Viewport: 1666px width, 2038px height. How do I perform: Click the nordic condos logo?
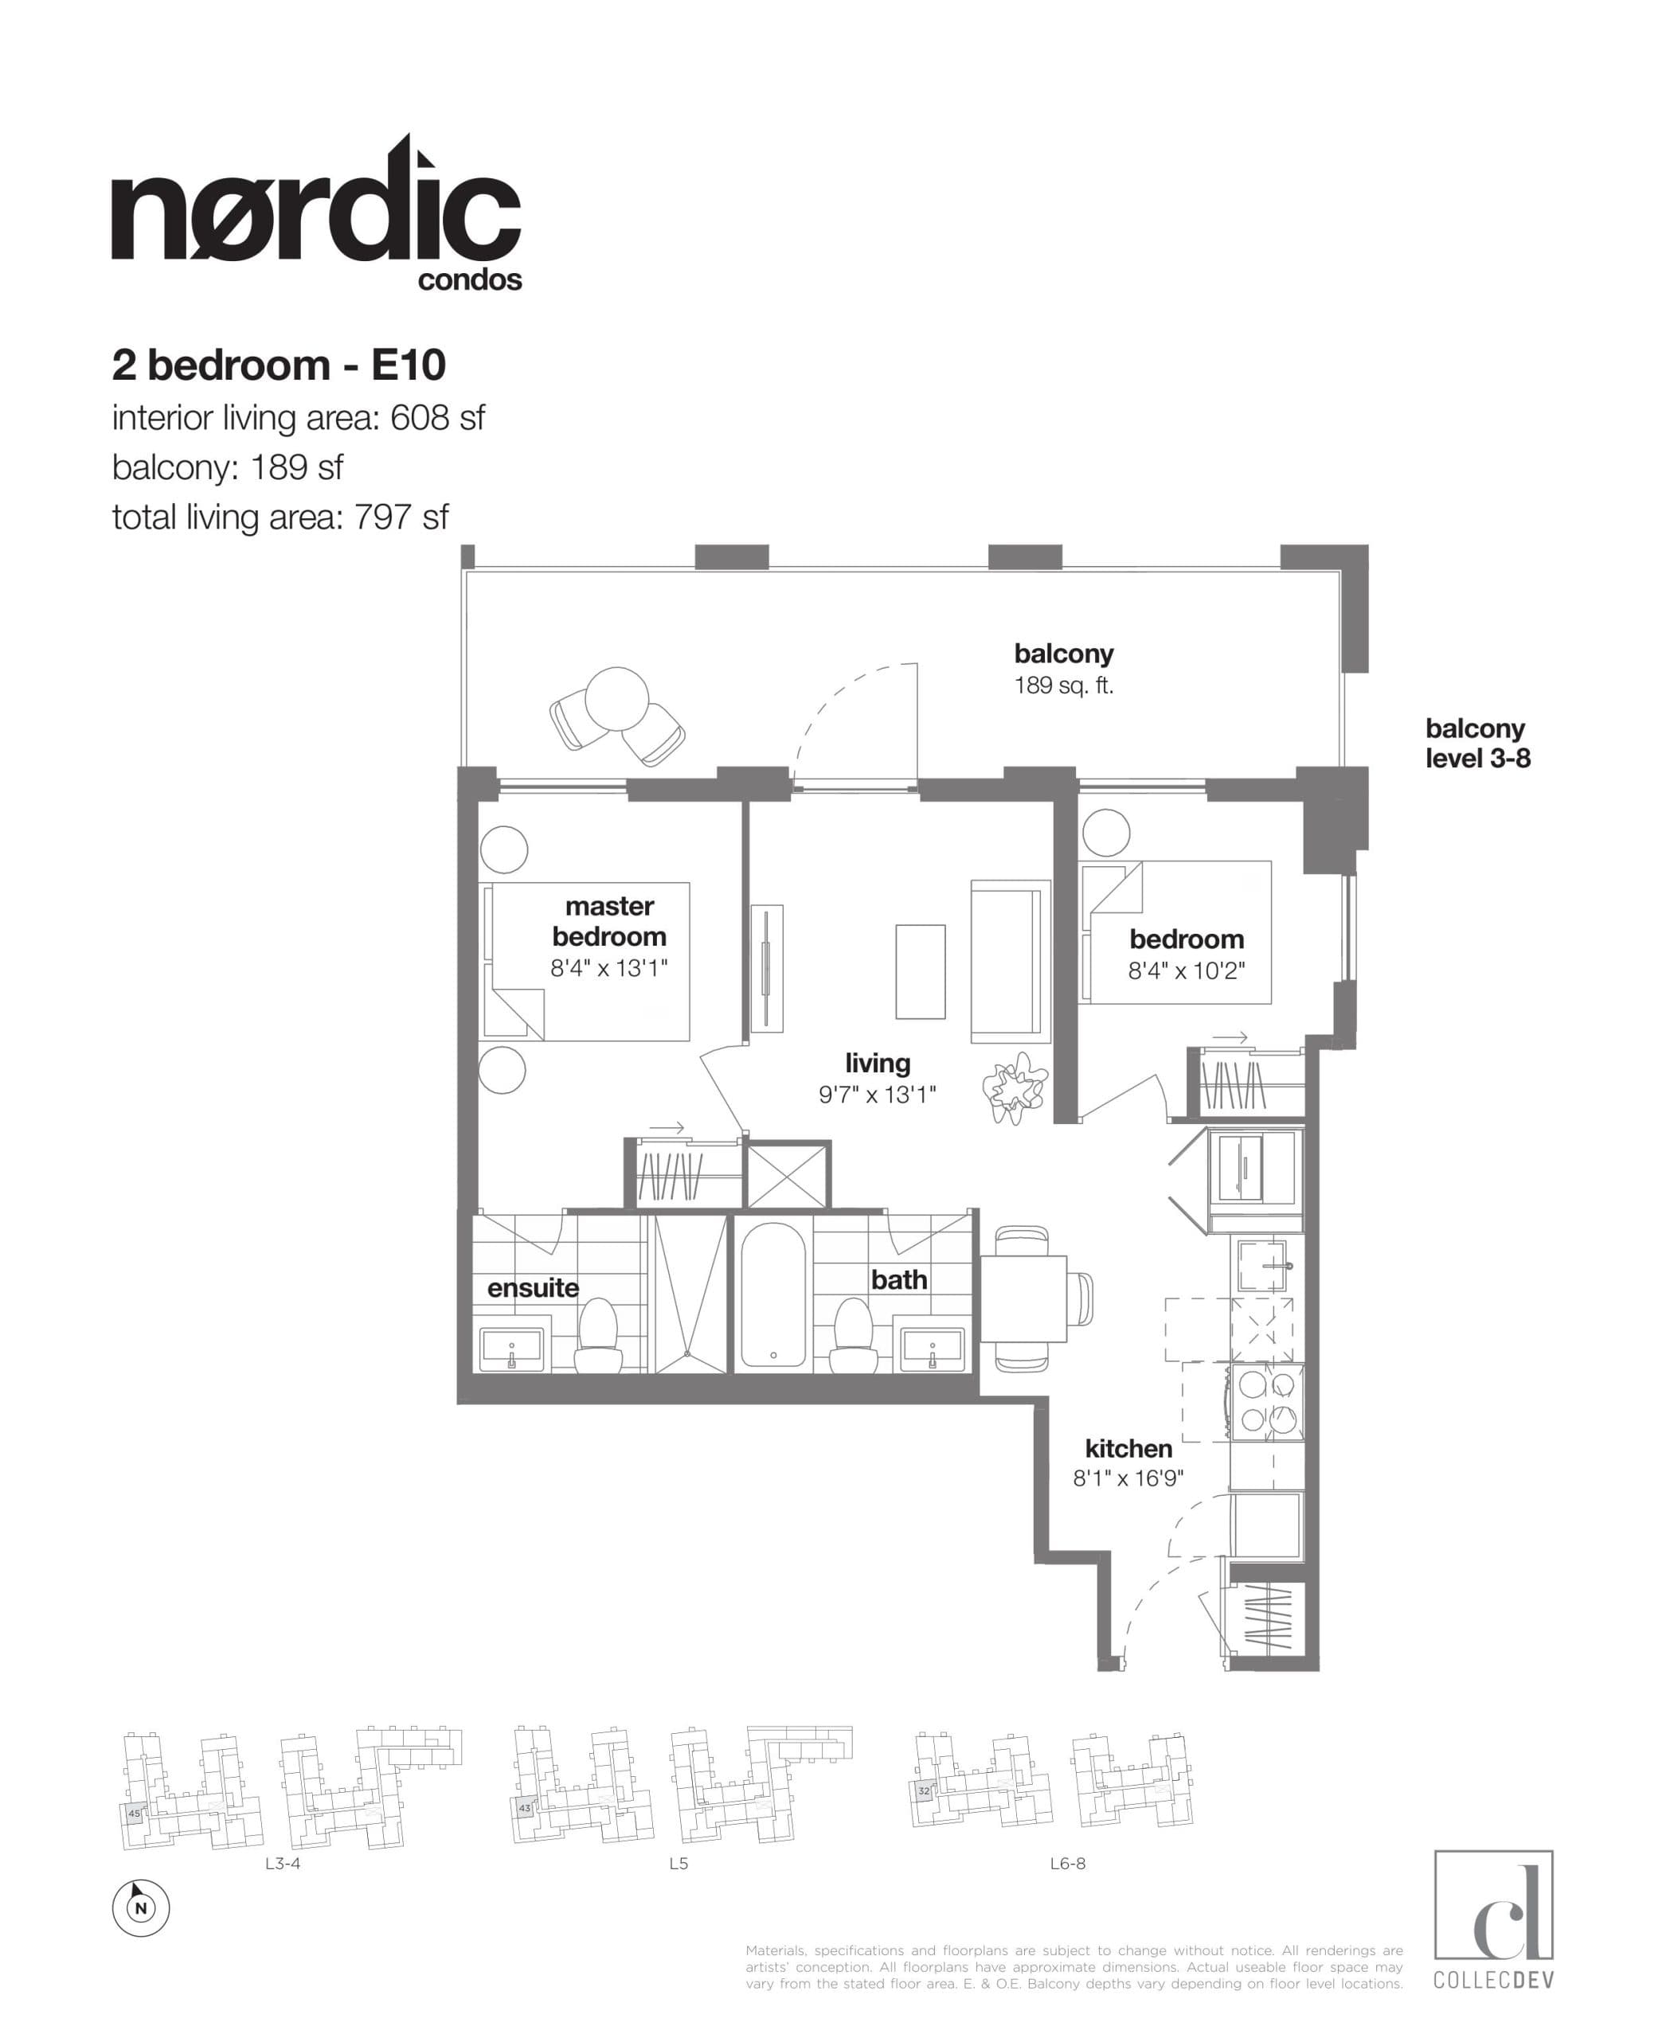pos(317,216)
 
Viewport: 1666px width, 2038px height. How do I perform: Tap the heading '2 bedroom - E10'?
pos(278,365)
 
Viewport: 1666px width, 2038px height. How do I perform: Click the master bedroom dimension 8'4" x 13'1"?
pos(608,968)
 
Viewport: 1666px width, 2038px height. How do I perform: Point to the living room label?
pos(877,1063)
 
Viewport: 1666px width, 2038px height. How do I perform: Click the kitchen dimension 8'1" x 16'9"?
pos(1128,1478)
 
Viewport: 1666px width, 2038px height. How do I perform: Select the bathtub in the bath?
pos(773,1294)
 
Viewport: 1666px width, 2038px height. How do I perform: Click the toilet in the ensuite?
pos(598,1337)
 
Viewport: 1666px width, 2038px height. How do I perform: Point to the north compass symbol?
pos(141,1907)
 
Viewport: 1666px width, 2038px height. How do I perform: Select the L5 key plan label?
pos(679,1864)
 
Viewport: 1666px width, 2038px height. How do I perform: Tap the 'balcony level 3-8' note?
pos(1477,744)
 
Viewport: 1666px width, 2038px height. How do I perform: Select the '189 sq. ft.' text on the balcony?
pos(1063,686)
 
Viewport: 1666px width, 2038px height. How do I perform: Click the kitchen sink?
pos(1261,1265)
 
